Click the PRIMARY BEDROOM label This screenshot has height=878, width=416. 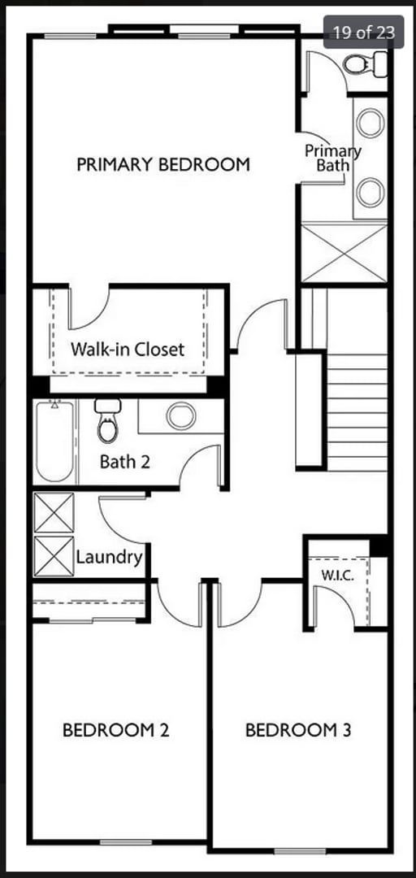pos(162,164)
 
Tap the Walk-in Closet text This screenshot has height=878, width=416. pos(128,350)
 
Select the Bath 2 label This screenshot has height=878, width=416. pos(124,462)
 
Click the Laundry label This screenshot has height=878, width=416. pos(110,558)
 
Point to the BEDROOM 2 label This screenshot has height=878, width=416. pos(115,730)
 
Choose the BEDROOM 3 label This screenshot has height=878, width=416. pos(298,730)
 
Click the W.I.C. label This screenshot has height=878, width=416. pos(335,574)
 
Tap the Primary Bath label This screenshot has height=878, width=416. pos(332,158)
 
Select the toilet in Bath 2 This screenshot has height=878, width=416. pos(106,420)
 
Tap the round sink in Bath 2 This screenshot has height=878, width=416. pos(180,416)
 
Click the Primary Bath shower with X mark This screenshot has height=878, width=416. pos(344,254)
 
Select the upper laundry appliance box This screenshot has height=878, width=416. pos(54,513)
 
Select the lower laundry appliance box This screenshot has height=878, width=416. pos(54,556)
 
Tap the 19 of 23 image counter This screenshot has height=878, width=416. pos(363,33)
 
